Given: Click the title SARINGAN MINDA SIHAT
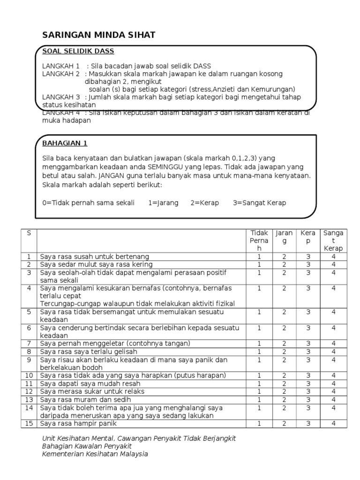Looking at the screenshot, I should [x=98, y=35].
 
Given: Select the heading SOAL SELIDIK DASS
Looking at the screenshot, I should [x=78, y=51].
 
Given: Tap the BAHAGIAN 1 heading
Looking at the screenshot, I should [x=65, y=143].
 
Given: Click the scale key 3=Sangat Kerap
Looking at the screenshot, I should [x=259, y=203].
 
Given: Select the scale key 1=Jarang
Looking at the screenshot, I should [x=163, y=203].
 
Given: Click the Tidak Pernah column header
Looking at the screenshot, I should [x=259, y=240].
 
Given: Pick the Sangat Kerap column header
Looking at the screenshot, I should [x=333, y=240].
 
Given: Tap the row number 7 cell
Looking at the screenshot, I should [x=29, y=344].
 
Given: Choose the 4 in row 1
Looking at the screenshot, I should [x=333, y=256].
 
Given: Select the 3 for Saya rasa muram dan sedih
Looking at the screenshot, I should [x=308, y=399].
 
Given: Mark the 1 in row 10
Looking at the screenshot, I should [x=259, y=375].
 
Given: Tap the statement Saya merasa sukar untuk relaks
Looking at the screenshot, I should [x=92, y=391].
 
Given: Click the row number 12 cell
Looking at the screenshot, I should [x=29, y=391].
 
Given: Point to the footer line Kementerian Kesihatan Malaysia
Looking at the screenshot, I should [x=95, y=454].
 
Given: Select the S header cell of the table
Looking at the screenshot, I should [x=29, y=233].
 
